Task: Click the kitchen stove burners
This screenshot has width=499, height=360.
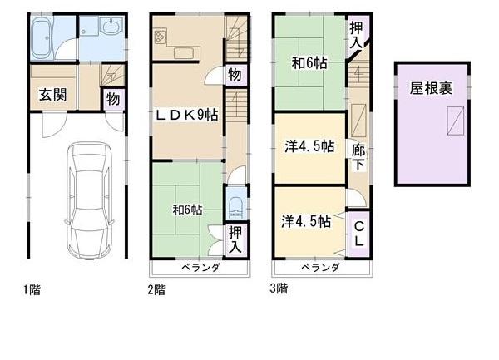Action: pyautogui.click(x=161, y=37)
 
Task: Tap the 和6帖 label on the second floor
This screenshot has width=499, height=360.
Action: pyautogui.click(x=186, y=210)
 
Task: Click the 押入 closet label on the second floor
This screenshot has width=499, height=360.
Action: pyautogui.click(x=235, y=239)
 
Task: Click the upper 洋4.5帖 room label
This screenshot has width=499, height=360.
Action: pyautogui.click(x=308, y=147)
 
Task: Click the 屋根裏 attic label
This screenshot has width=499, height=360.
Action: pyautogui.click(x=430, y=89)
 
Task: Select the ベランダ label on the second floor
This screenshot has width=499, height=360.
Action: pyautogui.click(x=200, y=268)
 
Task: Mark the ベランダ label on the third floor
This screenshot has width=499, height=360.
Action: pyautogui.click(x=320, y=268)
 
